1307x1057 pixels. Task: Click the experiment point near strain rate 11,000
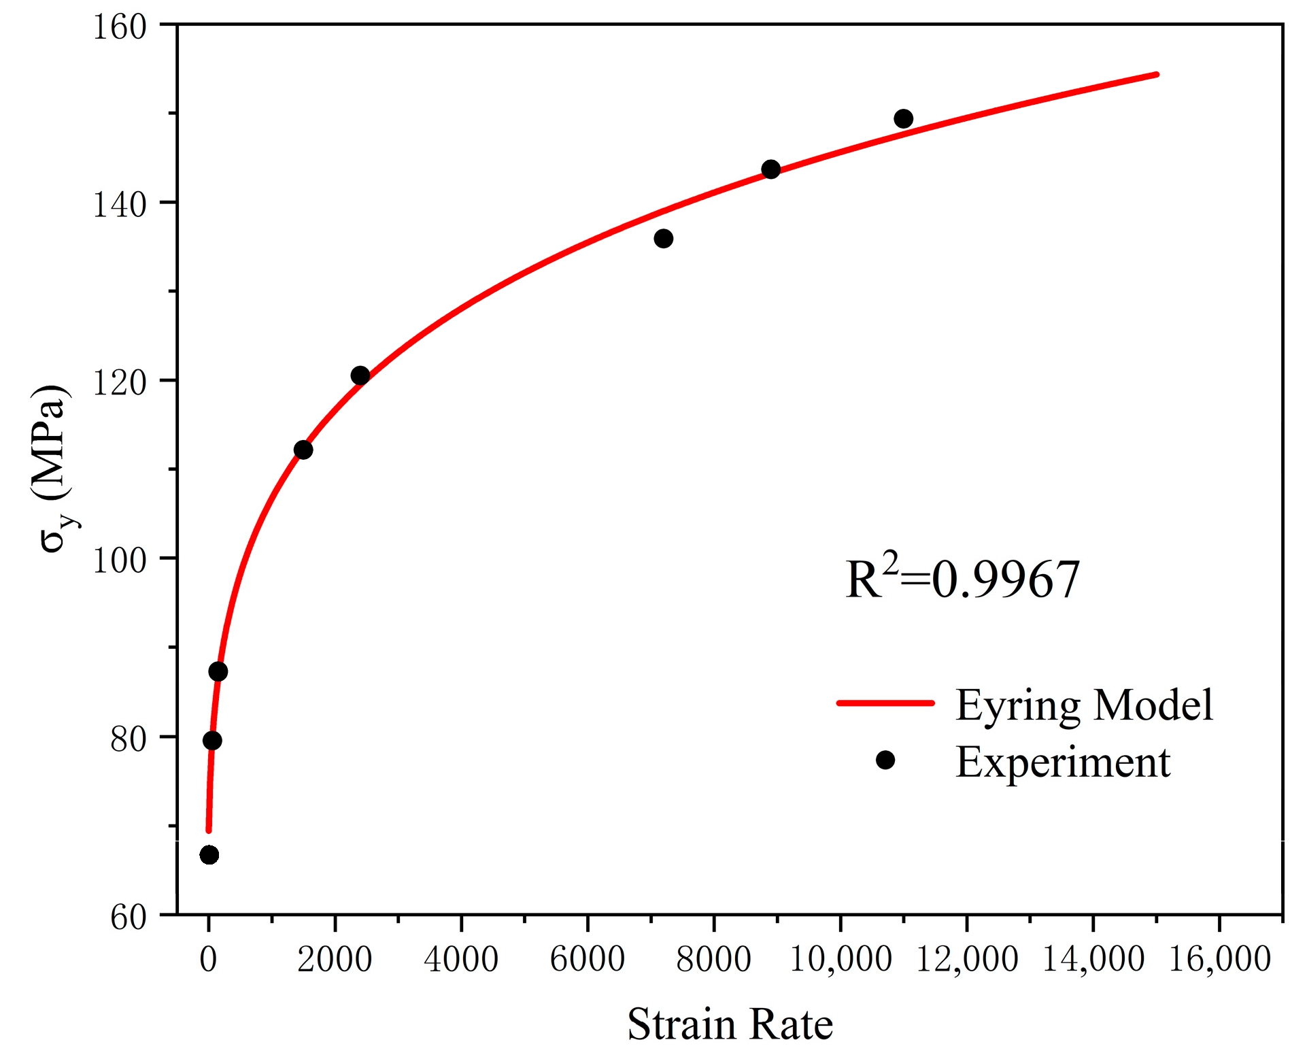click(903, 119)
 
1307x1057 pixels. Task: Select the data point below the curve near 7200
click(663, 239)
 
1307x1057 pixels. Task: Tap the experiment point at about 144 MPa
click(770, 169)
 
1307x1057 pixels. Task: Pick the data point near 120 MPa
click(360, 375)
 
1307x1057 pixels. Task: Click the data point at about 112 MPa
click(303, 450)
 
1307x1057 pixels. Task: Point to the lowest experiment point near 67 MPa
click(209, 855)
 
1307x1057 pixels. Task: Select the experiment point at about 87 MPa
click(218, 672)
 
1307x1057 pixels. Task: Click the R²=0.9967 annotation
click(962, 580)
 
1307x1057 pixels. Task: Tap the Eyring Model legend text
click(1084, 705)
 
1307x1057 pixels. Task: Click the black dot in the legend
click(885, 760)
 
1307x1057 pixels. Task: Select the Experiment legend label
click(1062, 762)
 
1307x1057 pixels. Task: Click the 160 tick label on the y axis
click(120, 28)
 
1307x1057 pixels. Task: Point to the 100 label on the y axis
click(120, 561)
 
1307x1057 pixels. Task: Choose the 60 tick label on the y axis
click(129, 918)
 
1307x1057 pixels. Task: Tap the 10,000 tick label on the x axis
click(841, 960)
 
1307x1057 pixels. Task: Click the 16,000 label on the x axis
click(1219, 960)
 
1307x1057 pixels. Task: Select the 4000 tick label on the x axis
click(461, 960)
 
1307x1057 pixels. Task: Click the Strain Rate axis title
click(730, 1024)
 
